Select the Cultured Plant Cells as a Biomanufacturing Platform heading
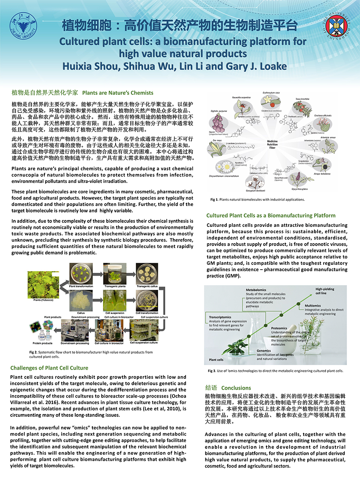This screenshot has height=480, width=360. click(271, 216)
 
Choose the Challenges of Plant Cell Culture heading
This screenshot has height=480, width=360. click(49, 368)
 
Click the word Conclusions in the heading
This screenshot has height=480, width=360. click(236, 388)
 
